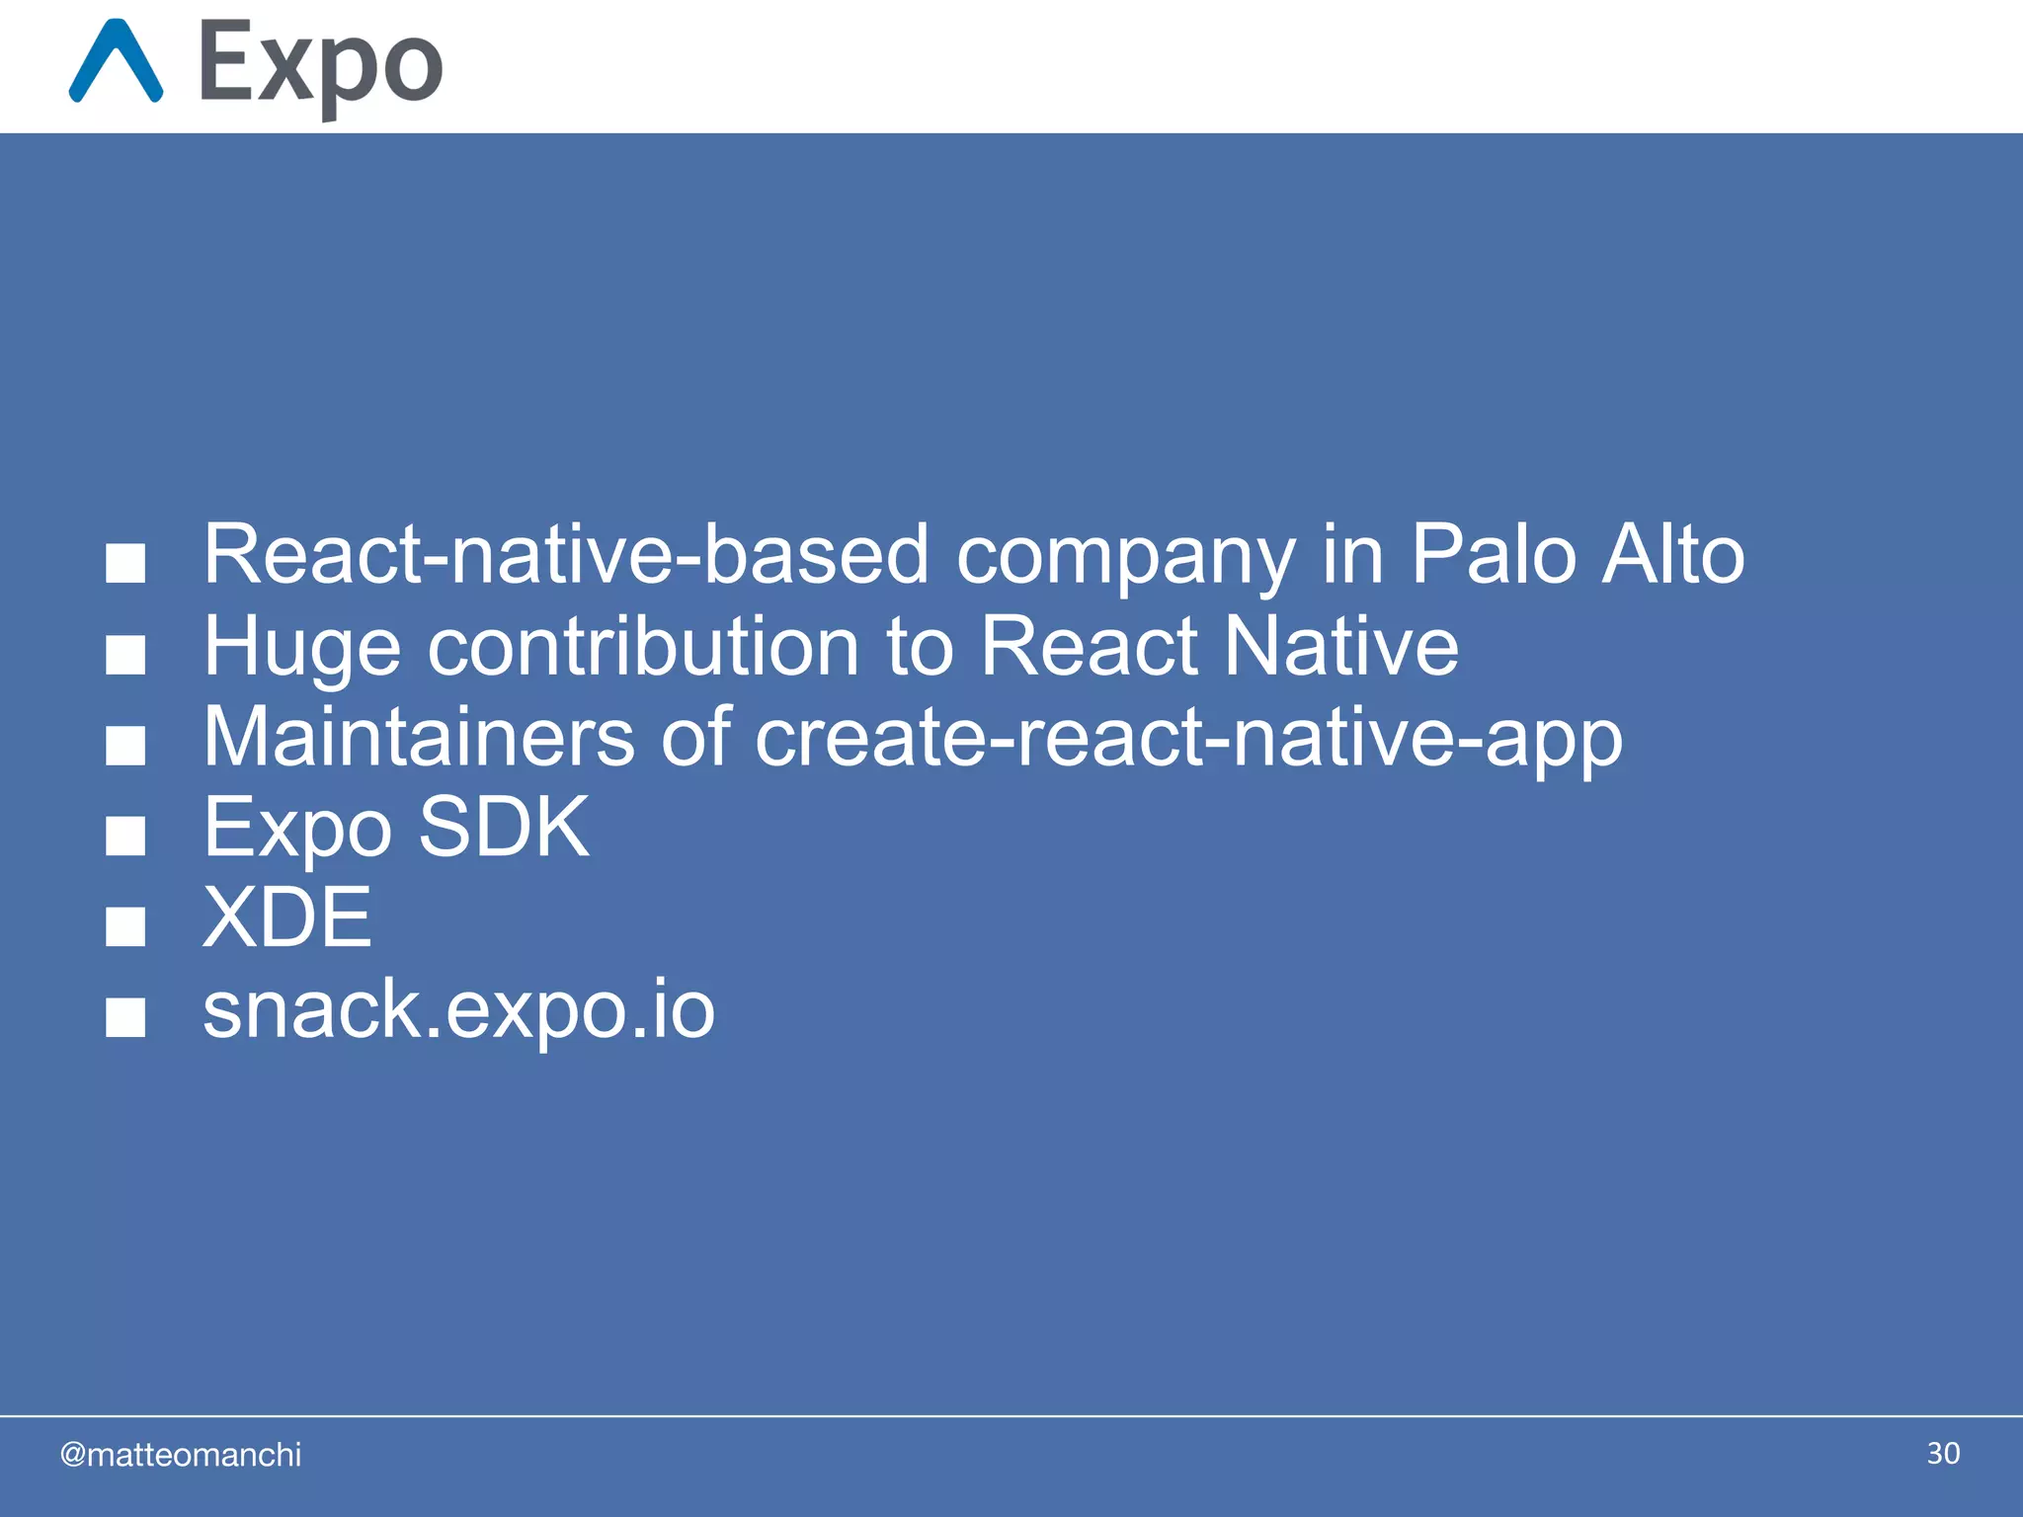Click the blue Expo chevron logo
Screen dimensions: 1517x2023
pos(116,61)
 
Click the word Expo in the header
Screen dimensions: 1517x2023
pos(320,65)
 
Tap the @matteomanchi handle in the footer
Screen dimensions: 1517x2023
pos(181,1455)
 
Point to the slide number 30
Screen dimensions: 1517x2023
pos(1943,1453)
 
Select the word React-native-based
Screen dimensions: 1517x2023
pos(566,554)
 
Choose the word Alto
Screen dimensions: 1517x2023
pos(1673,554)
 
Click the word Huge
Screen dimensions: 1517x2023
pos(302,648)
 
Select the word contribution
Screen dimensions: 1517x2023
pos(643,646)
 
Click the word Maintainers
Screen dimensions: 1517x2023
pos(419,737)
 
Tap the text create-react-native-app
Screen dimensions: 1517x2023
pos(1188,739)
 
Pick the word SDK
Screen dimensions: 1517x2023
pos(503,827)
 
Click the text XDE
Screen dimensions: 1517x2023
pos(287,918)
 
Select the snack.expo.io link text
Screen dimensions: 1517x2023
pos(458,1009)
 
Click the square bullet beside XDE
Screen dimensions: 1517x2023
pos(125,926)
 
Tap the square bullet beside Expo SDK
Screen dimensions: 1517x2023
pos(125,836)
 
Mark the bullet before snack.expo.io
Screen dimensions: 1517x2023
pos(125,1017)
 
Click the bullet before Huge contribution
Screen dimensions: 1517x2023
pos(125,655)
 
